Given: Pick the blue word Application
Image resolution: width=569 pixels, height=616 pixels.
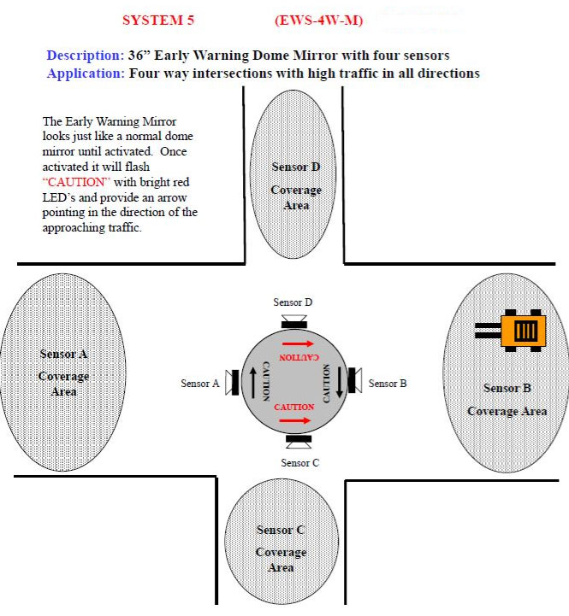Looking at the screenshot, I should click(85, 73).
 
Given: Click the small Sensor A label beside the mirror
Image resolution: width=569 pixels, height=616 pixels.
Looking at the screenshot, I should click(199, 384).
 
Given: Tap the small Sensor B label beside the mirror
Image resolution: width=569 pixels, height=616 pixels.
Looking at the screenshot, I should click(388, 384).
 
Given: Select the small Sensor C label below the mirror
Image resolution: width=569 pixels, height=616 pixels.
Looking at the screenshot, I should click(299, 462).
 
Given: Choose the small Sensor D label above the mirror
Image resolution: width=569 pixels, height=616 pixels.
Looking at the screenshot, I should click(293, 302).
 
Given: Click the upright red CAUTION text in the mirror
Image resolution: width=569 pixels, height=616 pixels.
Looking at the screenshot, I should click(294, 408).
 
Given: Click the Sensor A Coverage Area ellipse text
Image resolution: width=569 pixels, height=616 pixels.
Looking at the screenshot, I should click(64, 373).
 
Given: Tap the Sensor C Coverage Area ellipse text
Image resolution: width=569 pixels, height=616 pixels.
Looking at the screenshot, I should click(281, 549).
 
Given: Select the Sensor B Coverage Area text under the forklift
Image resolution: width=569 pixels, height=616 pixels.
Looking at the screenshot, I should click(507, 400).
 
